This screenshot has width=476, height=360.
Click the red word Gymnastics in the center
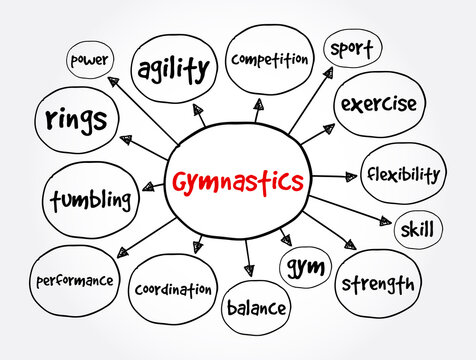pos(237,183)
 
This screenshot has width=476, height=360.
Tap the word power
pos(90,60)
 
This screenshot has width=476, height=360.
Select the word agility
pos(174,69)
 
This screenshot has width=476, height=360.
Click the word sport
pos(352,47)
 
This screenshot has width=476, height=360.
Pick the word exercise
pos(378,104)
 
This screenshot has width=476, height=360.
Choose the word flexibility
pos(400,174)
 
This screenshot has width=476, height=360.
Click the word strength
pos(378,284)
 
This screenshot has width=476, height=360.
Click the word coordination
pos(173,289)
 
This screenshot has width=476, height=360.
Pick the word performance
pos(75,281)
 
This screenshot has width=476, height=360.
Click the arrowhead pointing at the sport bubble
pos(326,73)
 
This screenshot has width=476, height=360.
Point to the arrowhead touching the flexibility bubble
pos(350,176)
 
